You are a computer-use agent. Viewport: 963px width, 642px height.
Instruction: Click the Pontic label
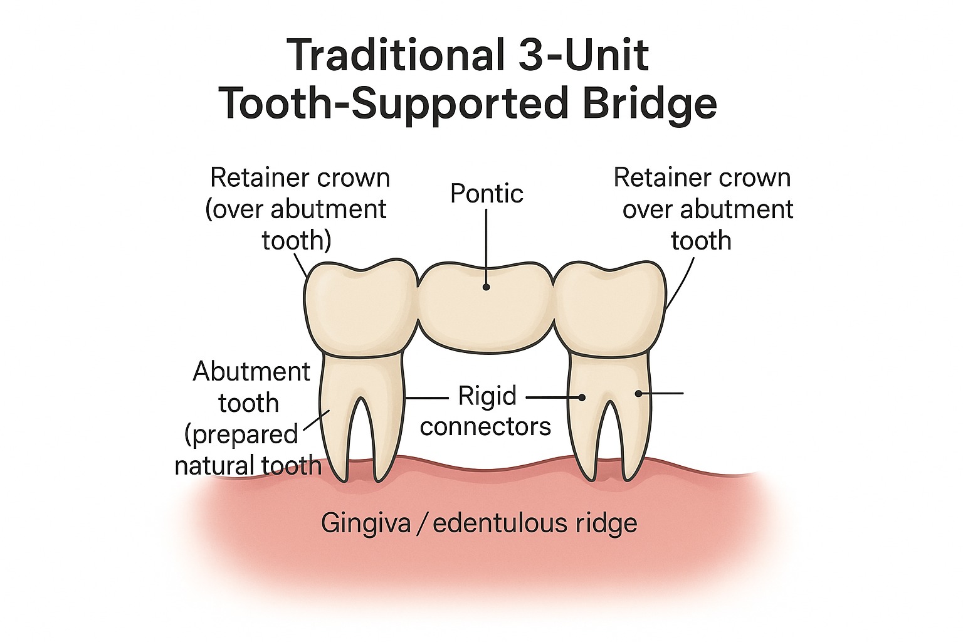(487, 193)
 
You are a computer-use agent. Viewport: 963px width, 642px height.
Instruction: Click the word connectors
(486, 426)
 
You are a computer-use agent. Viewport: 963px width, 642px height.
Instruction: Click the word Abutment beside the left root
(251, 372)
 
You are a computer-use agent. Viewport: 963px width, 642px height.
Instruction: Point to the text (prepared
(242, 434)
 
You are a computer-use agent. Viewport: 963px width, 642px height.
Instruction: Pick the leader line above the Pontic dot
(487, 245)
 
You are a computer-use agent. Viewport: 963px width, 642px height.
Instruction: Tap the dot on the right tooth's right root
(638, 394)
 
